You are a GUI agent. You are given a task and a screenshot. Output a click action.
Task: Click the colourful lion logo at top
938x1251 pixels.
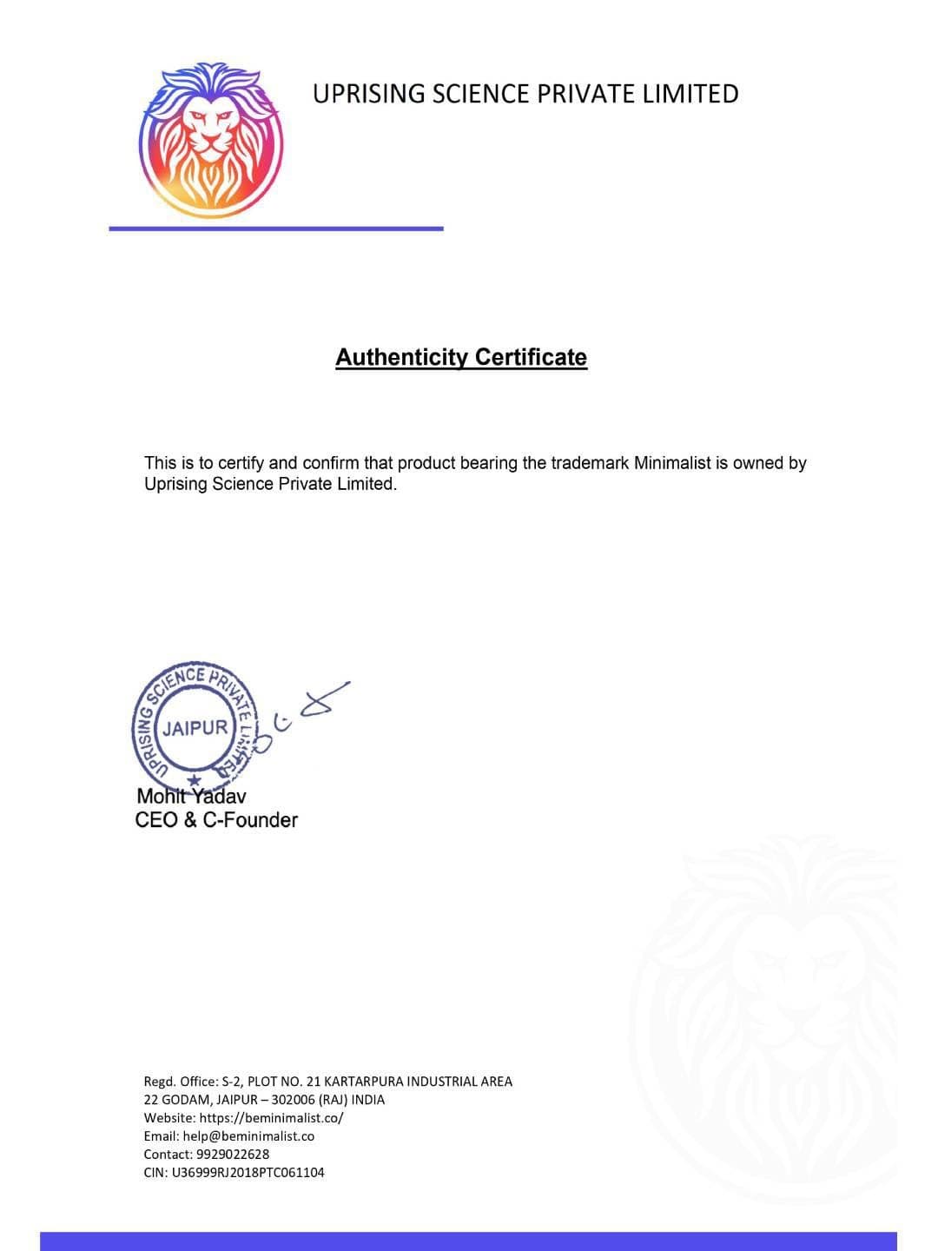[211, 139]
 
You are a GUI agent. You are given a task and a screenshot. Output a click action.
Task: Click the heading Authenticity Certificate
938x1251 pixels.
[461, 357]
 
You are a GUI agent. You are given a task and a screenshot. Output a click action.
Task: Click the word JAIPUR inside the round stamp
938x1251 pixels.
[196, 728]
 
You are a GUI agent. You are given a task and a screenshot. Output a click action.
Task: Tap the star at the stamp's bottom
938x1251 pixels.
[195, 781]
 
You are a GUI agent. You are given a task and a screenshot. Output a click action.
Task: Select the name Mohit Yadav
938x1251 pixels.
[191, 796]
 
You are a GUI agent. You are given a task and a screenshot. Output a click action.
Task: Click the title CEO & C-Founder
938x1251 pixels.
[216, 820]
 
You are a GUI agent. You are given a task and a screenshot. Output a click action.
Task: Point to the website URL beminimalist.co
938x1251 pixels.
[271, 1118]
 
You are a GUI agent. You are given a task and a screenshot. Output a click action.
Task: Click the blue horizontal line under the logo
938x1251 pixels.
[276, 228]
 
